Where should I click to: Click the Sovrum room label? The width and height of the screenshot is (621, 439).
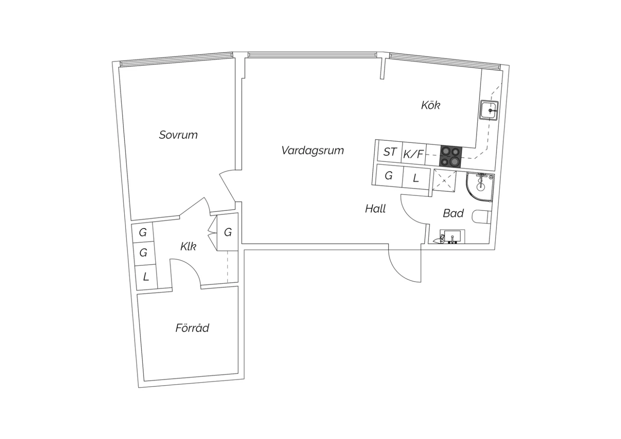pos(178,135)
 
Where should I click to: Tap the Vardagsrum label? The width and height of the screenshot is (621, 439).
pos(313,150)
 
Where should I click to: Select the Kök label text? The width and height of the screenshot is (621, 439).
pos(431,105)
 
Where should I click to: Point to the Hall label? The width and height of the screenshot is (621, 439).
pos(375,209)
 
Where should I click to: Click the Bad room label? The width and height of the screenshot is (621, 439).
pos(453,213)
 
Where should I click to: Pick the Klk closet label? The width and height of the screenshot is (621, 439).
pos(188,246)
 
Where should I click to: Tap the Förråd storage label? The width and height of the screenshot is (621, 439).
pos(192,328)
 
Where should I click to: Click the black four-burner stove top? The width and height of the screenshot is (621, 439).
pos(451,157)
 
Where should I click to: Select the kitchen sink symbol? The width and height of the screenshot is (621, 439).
pos(489,110)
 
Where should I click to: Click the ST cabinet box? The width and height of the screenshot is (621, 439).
pos(390,152)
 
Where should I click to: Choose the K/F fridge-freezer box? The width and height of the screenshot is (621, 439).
pos(413,153)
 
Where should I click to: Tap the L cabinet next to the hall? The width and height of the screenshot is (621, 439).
pos(416,178)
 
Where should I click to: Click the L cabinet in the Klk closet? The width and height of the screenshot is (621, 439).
pos(146,277)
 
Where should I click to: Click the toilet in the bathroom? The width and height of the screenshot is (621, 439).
pos(481,217)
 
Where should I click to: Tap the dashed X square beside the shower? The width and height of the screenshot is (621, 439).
pos(444,181)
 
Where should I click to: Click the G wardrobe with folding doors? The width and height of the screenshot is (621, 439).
pos(228,232)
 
